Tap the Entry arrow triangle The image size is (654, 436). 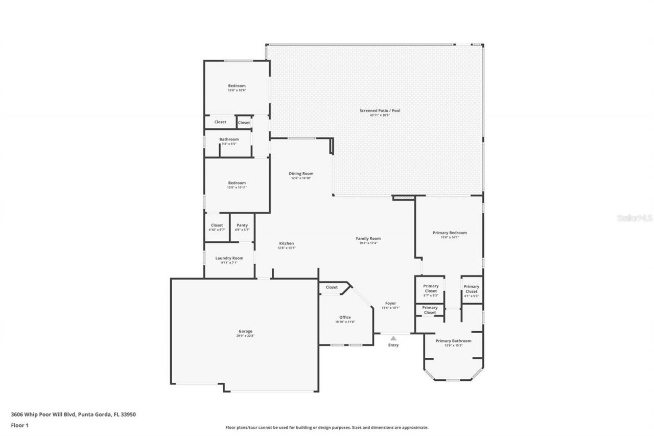(393, 338)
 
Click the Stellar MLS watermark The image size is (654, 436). (635, 218)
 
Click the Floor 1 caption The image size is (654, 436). (19, 425)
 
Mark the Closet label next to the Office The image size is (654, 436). (332, 287)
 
